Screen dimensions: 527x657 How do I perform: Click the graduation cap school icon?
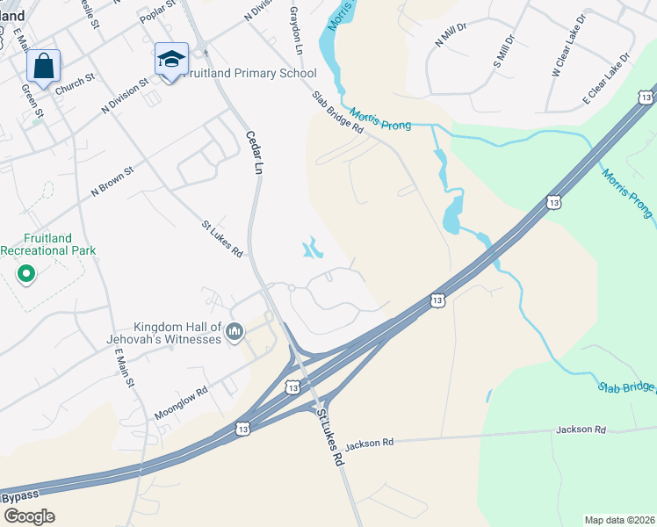tap(171, 60)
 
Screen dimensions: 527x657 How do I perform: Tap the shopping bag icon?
tap(43, 65)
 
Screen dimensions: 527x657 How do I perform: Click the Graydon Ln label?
tap(296, 32)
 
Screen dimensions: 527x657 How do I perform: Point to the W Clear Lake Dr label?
tap(567, 59)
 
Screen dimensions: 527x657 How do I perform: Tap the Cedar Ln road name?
tap(256, 148)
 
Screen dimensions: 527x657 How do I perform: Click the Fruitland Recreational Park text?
tap(47, 244)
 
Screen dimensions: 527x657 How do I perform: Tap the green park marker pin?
tap(26, 274)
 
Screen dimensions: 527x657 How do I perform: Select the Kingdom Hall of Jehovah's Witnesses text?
tap(177, 331)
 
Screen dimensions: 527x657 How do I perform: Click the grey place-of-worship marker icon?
tap(234, 331)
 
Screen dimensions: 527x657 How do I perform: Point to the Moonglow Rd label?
tap(181, 392)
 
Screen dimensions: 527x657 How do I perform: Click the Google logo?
tap(28, 516)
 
